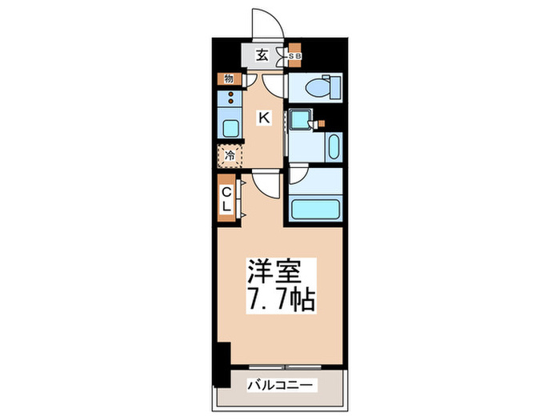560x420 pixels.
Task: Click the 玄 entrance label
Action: pyautogui.click(x=262, y=56)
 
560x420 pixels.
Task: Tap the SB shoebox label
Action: pyautogui.click(x=294, y=56)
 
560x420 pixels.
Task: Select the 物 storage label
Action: pyautogui.click(x=228, y=78)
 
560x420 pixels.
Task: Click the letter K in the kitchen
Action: pyautogui.click(x=263, y=118)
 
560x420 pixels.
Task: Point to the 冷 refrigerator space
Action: pyautogui.click(x=228, y=156)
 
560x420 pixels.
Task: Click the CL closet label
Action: pyautogui.click(x=226, y=199)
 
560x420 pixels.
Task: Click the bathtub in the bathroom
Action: pyautogui.click(x=316, y=210)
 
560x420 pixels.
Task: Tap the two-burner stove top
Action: pyautogui.click(x=230, y=101)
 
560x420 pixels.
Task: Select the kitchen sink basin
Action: pyautogui.click(x=229, y=128)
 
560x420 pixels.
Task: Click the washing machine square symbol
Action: pyautogui.click(x=300, y=119)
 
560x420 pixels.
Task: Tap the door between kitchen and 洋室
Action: pyautogui.click(x=266, y=185)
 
